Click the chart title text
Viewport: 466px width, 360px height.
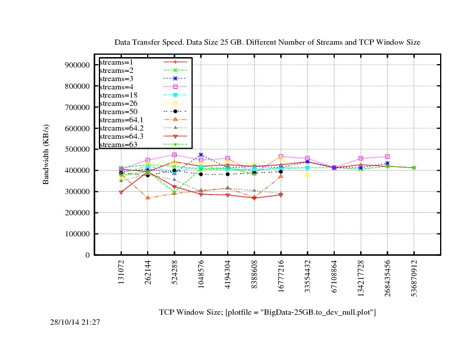(x=267, y=42)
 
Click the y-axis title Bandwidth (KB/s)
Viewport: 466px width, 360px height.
(x=46, y=154)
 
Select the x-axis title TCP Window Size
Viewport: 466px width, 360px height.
(x=267, y=312)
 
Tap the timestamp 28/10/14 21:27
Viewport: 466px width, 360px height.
(x=75, y=322)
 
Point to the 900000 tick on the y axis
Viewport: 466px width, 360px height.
(x=74, y=65)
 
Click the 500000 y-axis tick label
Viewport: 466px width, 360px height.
(x=74, y=149)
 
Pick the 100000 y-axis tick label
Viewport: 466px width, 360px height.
(x=74, y=234)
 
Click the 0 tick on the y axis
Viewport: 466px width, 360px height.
(x=86, y=255)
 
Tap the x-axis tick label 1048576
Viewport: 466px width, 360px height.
(x=201, y=276)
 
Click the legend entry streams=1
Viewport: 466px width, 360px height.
(x=115, y=62)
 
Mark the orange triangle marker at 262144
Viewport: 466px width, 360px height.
(x=148, y=198)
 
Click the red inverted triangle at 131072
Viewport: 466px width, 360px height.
(x=121, y=192)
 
